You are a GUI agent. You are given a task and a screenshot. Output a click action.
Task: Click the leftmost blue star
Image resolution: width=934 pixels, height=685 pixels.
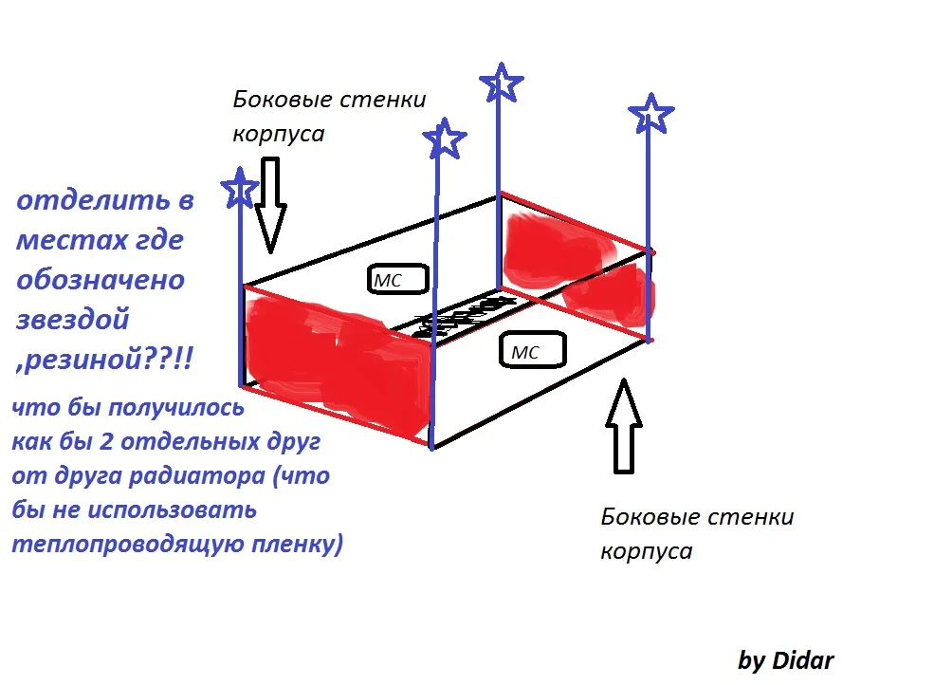(240, 188)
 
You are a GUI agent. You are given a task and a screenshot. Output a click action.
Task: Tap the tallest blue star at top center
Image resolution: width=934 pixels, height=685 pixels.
(502, 83)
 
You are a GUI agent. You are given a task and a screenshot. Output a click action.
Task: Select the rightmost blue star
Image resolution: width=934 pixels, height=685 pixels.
(651, 114)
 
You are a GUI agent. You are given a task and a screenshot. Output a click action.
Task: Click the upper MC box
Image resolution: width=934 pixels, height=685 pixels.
(396, 279)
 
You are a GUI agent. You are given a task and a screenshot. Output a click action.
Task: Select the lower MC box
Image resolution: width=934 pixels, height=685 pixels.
(531, 351)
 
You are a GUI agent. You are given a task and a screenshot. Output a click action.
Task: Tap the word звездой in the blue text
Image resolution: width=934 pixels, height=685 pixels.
(73, 320)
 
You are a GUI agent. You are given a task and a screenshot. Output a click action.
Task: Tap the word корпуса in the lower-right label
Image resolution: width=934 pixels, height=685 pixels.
(646, 551)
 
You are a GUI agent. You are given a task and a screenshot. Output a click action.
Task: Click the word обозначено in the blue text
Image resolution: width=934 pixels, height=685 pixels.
(101, 281)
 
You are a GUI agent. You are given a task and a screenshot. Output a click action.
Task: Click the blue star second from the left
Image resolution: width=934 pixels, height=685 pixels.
(445, 139)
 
